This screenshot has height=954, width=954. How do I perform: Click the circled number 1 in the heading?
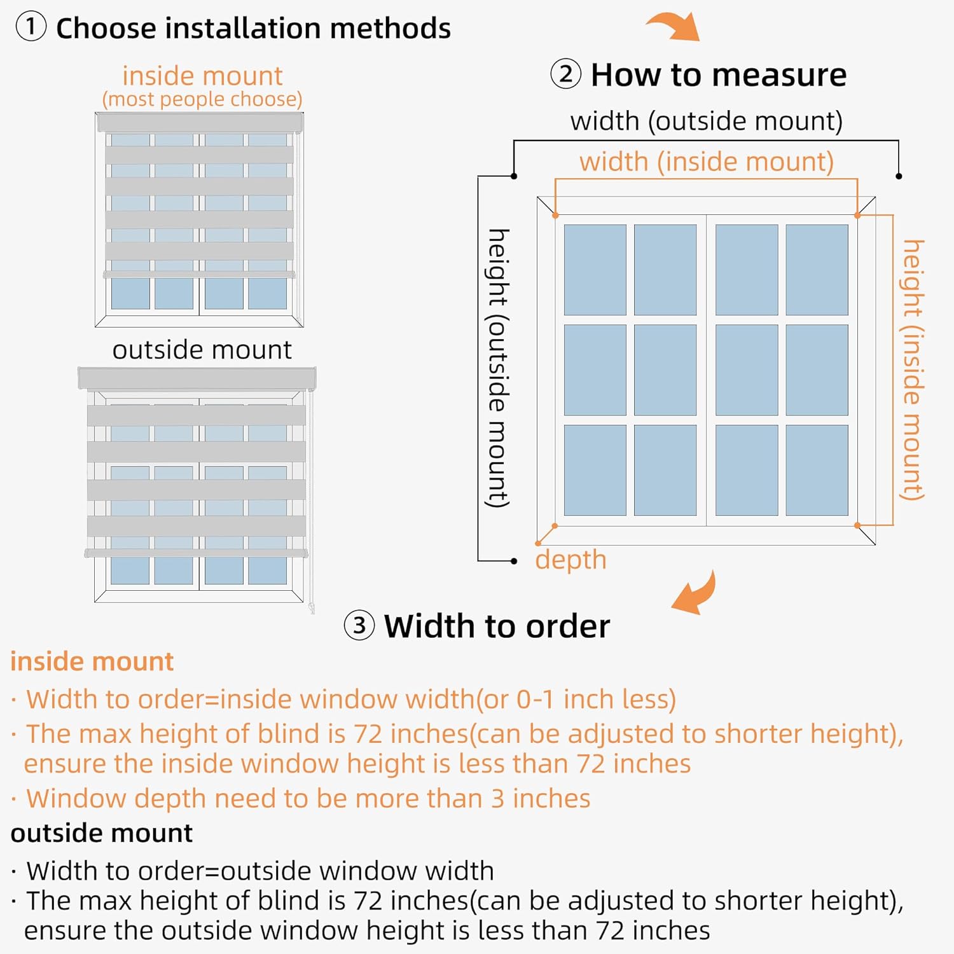[x=31, y=27]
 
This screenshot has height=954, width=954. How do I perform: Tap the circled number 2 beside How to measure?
[x=565, y=74]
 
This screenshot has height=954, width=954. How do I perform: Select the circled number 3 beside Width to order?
[x=359, y=625]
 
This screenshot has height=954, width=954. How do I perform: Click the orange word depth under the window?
[x=570, y=560]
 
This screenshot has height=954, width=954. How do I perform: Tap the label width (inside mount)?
[x=706, y=162]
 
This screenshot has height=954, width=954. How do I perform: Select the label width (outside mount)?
[x=706, y=121]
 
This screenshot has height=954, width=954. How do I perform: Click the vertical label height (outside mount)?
[x=499, y=368]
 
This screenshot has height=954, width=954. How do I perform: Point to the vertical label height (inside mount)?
[x=913, y=370]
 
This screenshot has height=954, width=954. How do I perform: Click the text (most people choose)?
[x=202, y=99]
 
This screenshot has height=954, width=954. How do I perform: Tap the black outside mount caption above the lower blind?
[x=202, y=350]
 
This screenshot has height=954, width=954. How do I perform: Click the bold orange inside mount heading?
[x=92, y=661]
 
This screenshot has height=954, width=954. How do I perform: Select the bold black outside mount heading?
[x=101, y=833]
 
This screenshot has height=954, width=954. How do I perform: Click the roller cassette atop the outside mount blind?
[x=197, y=378]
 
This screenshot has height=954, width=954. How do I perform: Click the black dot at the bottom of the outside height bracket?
[x=514, y=561]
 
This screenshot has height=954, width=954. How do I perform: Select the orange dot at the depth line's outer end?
[x=538, y=543]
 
